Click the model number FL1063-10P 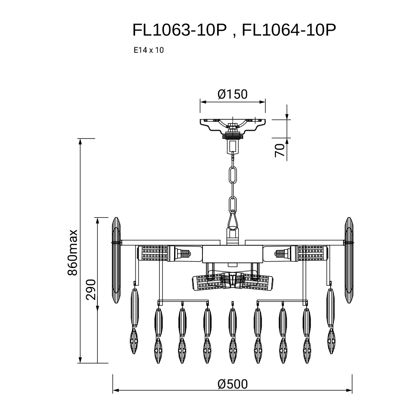(180, 30)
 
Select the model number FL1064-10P (289, 30)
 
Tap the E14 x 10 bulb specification (148, 50)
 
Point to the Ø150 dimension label (233, 94)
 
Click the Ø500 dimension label (233, 384)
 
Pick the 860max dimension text (72, 253)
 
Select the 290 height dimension (91, 289)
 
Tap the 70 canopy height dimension (279, 151)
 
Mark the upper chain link (233, 175)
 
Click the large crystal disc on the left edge (116, 260)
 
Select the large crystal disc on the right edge (349, 260)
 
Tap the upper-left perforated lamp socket (153, 253)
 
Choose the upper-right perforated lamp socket (312, 253)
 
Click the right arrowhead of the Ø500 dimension (349, 390)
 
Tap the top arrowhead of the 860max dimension (80, 142)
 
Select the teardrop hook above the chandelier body (233, 219)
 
